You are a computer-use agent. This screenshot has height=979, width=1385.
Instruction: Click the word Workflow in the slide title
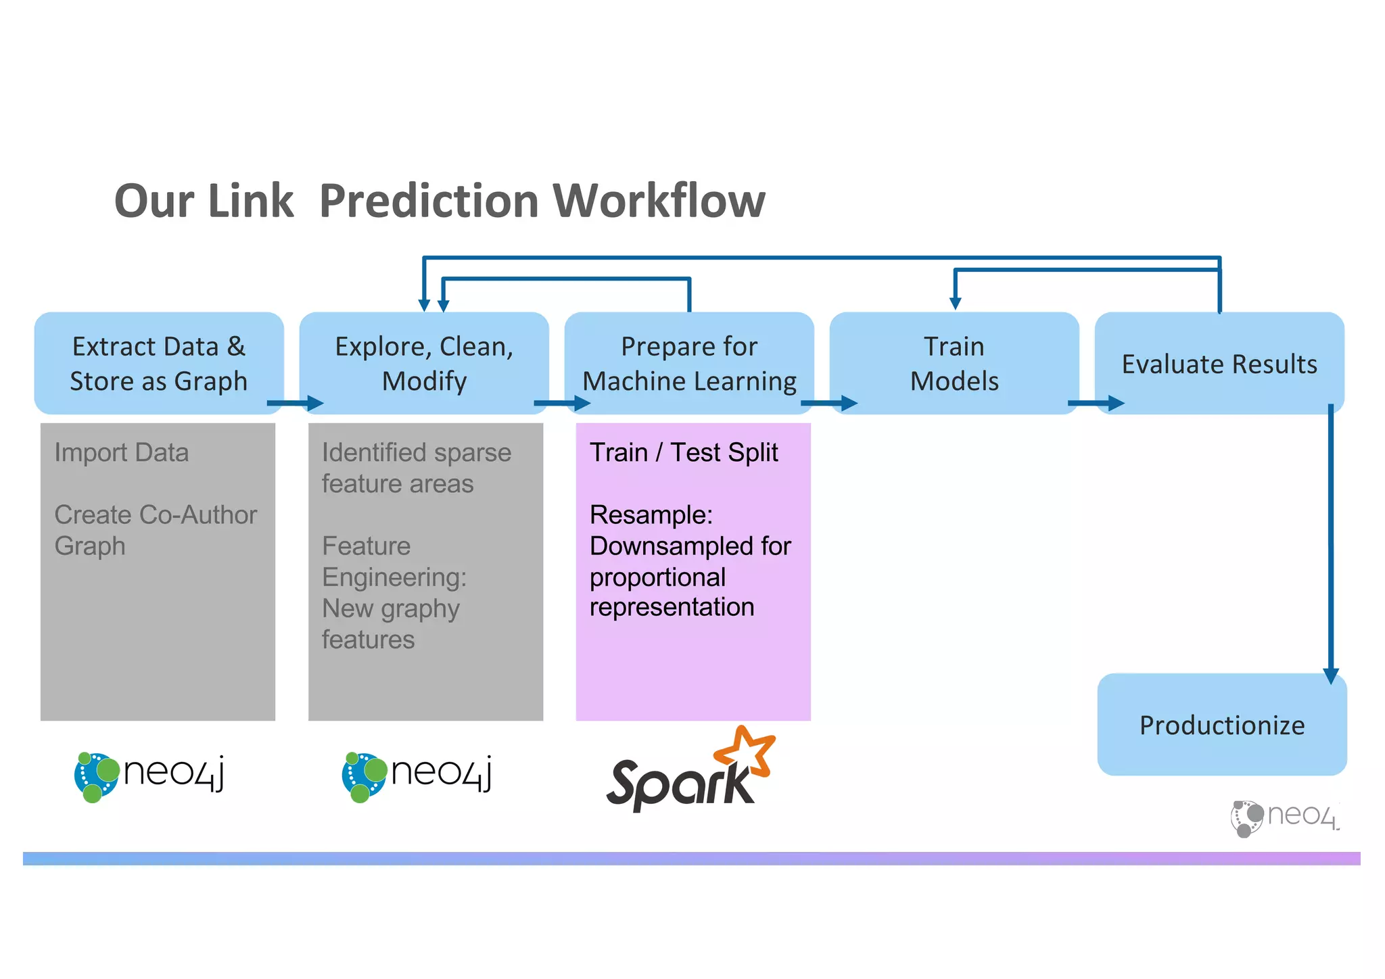point(659,201)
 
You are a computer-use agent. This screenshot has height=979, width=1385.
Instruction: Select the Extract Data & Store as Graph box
point(158,363)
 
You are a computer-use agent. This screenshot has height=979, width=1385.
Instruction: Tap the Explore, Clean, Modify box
point(424,363)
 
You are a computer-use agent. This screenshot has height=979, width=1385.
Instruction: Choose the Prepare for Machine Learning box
point(688,363)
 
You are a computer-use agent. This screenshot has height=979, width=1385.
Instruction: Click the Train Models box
point(954,363)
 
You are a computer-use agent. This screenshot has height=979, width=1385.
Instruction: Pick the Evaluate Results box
point(1219,364)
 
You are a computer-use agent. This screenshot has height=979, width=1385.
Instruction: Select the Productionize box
point(1221,725)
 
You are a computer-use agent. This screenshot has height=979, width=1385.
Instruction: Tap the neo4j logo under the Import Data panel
point(149,775)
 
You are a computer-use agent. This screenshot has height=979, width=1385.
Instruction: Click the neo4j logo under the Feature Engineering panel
point(417,775)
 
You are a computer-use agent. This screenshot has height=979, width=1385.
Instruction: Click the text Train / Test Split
point(683,452)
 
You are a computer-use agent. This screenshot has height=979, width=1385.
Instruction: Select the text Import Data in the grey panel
point(122,452)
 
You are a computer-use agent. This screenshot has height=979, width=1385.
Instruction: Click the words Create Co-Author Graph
point(155,529)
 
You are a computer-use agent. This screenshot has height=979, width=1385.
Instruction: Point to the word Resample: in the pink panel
point(651,515)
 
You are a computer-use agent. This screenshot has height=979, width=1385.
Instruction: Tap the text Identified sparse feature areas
point(416,468)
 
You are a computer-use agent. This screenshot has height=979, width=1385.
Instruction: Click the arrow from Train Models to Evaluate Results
point(1096,404)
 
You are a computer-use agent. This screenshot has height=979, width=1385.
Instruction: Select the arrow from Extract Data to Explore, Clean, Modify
point(296,404)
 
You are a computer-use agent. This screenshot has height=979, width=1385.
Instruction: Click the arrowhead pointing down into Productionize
point(1330,675)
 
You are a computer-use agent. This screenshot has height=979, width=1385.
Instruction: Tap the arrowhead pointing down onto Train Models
point(955,303)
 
